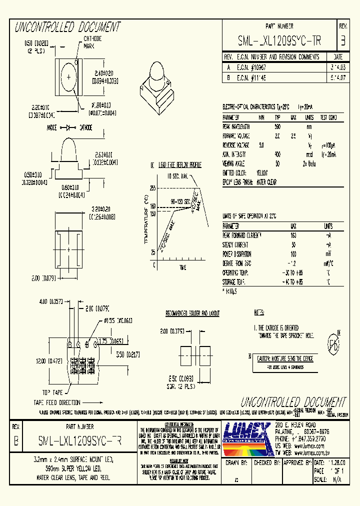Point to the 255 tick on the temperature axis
(153, 188)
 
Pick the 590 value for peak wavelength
(277, 126)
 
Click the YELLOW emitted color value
(262, 173)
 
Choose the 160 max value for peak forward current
(293, 235)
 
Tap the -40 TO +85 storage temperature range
(293, 281)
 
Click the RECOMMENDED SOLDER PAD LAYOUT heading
(192, 313)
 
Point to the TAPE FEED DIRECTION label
(56, 402)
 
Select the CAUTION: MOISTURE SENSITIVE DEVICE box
(285, 358)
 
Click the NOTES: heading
(259, 313)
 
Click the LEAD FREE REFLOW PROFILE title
(179, 164)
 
